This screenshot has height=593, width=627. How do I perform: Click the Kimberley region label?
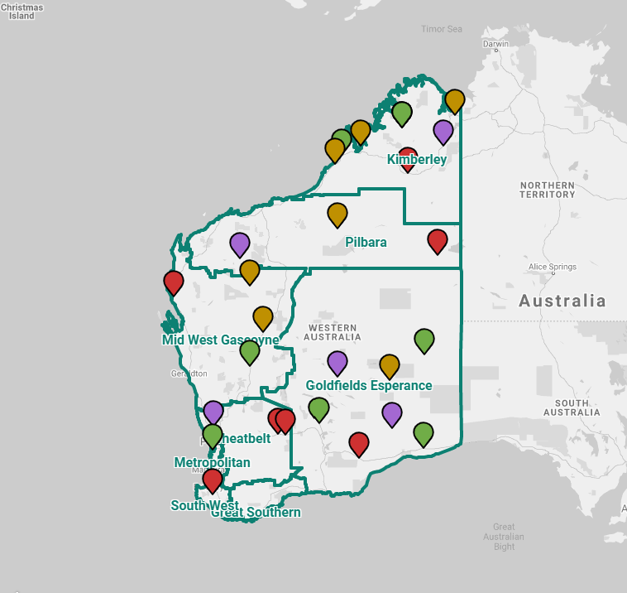[x=417, y=160]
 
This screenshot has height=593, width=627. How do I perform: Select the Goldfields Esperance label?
[x=369, y=386]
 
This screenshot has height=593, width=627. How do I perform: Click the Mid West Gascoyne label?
[x=220, y=340]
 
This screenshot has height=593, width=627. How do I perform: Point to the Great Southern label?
[x=256, y=513]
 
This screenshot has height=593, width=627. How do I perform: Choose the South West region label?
[x=204, y=505]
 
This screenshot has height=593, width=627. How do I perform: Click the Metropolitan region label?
[x=212, y=462]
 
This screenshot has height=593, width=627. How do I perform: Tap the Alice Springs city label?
[x=552, y=267]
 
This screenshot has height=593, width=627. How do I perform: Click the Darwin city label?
[x=495, y=44]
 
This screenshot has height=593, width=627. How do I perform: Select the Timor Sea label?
[x=441, y=29]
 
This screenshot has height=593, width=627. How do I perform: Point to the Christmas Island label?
[x=22, y=11]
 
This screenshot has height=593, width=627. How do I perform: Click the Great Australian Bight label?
[x=504, y=537]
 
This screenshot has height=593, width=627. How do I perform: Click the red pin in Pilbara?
[x=438, y=241]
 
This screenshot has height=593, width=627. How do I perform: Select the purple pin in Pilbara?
[x=240, y=244]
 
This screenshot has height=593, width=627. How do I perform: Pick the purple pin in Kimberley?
[x=443, y=131]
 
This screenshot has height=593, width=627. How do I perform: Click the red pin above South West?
[x=213, y=480]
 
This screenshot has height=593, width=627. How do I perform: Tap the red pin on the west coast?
[x=174, y=282]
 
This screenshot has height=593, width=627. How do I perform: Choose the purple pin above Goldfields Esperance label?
[x=337, y=362]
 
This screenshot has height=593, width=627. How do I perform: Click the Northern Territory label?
[x=547, y=190]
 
